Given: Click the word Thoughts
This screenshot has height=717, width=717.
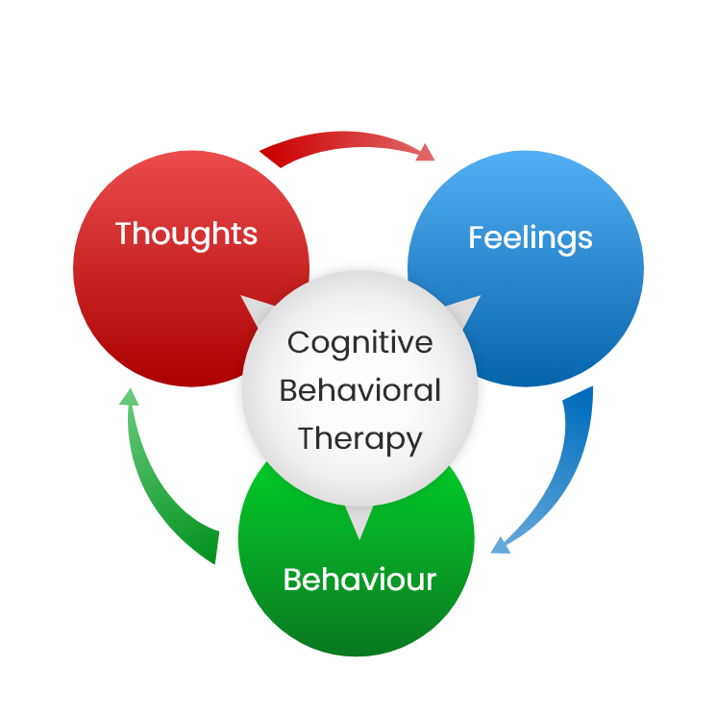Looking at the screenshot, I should (186, 234).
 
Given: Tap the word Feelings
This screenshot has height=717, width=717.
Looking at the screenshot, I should (530, 237).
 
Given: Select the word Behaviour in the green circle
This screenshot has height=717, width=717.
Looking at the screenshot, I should (359, 580).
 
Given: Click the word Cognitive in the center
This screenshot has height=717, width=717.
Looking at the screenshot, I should (359, 342).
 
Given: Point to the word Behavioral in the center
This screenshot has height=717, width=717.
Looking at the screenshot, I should (359, 390).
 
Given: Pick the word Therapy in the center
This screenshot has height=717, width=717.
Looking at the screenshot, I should (359, 438).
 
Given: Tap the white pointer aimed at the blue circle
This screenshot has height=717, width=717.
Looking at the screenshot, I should (466, 309).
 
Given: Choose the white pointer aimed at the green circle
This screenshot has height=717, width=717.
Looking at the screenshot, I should (358, 524).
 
